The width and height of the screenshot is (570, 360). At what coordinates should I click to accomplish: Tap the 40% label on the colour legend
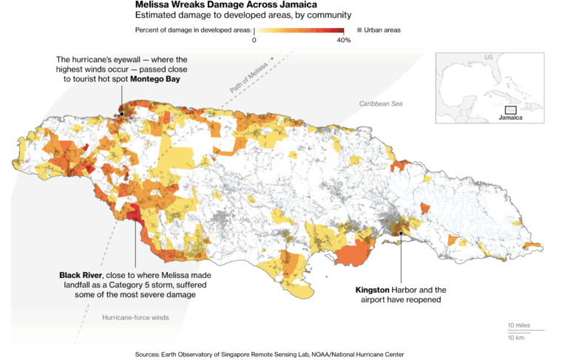click(x=343, y=40)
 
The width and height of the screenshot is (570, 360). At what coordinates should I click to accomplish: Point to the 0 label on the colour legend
click(x=254, y=40)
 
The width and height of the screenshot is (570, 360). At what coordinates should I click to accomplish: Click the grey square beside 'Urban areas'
click(x=359, y=30)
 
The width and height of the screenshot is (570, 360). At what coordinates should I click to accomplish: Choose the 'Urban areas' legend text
click(x=383, y=30)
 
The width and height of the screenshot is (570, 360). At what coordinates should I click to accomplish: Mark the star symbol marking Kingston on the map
click(x=401, y=233)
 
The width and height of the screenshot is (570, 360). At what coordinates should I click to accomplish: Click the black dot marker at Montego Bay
click(x=121, y=114)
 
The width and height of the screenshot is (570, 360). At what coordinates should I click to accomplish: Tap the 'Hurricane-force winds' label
click(x=135, y=317)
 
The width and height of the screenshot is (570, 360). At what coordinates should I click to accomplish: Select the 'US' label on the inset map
click(x=488, y=58)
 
